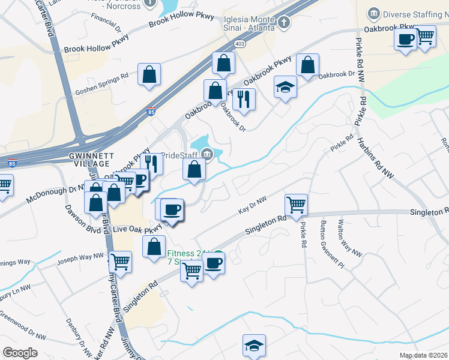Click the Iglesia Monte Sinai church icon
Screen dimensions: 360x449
(x=284, y=23)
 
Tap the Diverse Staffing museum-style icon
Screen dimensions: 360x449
(x=374, y=13)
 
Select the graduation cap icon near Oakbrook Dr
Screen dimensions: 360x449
(x=286, y=87)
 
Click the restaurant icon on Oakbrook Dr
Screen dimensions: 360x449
(x=244, y=99)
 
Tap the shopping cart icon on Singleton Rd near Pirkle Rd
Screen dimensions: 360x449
(x=296, y=205)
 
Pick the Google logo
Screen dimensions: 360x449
(x=20, y=353)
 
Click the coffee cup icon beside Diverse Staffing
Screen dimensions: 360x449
(x=405, y=40)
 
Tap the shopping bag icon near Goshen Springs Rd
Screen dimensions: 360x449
(x=149, y=75)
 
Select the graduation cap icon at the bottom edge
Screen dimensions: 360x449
(x=254, y=346)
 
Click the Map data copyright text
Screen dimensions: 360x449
(x=424, y=355)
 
